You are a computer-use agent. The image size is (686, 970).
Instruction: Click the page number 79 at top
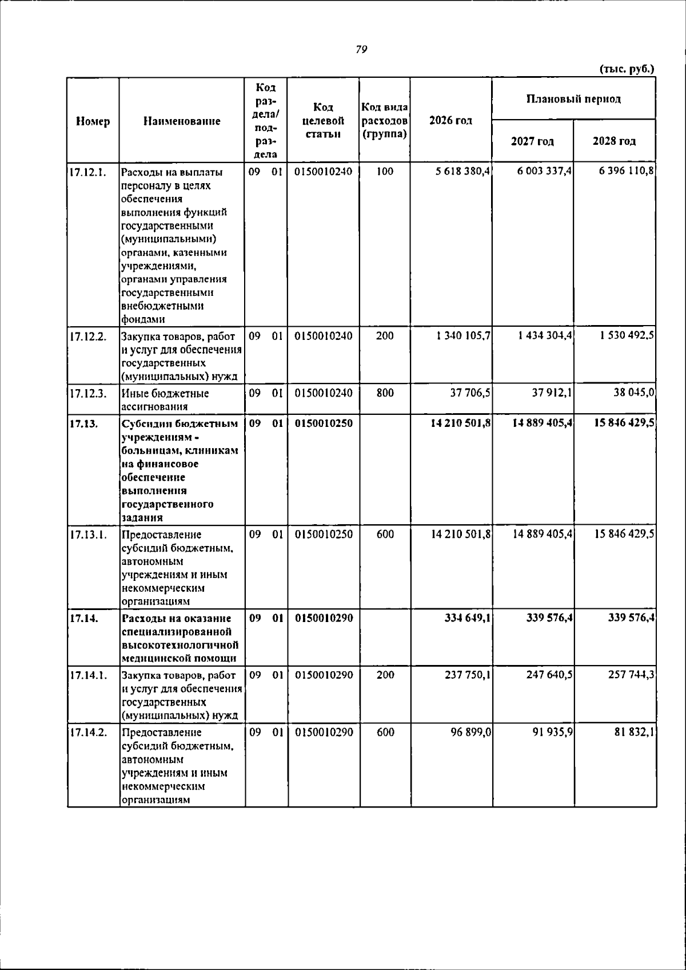(x=361, y=50)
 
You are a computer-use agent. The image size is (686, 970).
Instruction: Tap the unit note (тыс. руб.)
(x=627, y=69)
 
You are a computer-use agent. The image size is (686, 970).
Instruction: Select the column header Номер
(x=93, y=121)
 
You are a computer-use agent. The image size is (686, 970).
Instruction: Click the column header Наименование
(x=182, y=121)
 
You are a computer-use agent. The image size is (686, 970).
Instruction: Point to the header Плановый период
(x=573, y=99)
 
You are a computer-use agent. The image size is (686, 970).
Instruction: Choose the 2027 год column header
(x=532, y=141)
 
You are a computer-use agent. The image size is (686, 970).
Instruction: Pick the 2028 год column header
(x=614, y=141)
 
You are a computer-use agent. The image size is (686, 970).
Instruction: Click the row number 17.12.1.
(x=88, y=172)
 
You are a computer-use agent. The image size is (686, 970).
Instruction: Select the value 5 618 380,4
(x=462, y=171)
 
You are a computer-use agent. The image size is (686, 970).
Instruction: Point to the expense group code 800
(x=385, y=393)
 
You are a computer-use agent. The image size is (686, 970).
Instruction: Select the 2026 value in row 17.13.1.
(x=461, y=535)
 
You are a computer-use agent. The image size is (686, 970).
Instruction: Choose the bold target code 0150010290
(x=324, y=618)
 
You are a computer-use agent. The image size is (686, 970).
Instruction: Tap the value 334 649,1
(x=468, y=618)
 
